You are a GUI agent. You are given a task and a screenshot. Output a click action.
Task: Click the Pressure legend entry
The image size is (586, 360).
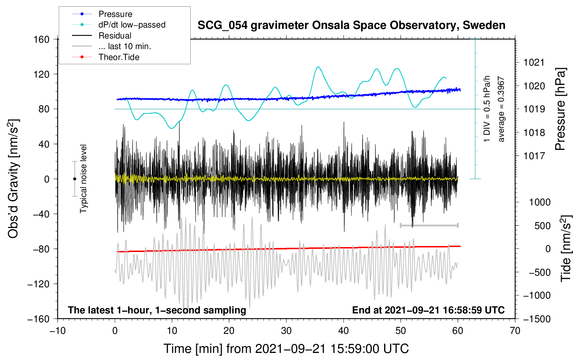(115, 14)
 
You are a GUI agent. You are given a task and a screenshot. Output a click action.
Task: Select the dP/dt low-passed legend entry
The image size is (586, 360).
(132, 25)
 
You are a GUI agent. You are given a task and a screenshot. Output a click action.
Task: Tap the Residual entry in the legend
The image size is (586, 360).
(115, 36)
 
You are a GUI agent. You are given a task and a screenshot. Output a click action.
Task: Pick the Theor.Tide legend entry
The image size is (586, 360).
(119, 57)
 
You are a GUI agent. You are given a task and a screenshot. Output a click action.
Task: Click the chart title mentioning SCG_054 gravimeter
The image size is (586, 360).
(351, 25)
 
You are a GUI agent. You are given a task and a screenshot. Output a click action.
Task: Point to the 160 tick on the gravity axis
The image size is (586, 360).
(42, 39)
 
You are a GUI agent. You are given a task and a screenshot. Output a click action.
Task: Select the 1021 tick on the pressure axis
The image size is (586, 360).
(534, 63)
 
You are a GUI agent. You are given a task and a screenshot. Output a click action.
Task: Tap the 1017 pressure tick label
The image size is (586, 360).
(534, 156)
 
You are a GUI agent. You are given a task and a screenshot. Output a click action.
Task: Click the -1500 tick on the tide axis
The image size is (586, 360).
(537, 319)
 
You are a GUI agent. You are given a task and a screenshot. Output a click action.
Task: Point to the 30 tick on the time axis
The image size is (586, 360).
(286, 331)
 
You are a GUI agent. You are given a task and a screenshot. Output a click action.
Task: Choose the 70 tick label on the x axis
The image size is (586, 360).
(515, 331)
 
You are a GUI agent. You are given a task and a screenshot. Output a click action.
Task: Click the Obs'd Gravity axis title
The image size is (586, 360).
(13, 179)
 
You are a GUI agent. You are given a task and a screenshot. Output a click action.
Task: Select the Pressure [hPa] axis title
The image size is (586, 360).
(560, 109)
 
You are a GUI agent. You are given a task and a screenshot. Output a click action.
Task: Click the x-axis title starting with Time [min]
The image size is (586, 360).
(286, 349)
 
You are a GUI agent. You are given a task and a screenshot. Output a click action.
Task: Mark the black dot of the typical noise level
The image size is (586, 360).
(74, 179)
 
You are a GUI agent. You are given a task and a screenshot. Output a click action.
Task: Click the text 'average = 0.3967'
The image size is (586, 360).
(501, 109)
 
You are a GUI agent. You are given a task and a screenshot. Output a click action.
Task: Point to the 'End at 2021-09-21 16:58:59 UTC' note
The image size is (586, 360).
(428, 310)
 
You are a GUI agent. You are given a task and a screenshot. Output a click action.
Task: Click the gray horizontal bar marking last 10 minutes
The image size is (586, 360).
(429, 225)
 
